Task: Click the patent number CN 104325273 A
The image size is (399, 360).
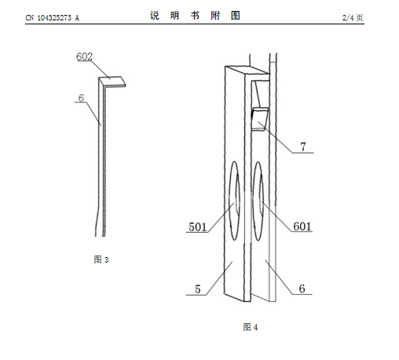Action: click(x=52, y=18)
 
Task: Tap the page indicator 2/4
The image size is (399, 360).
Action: click(x=348, y=17)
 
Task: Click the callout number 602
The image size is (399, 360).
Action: click(x=84, y=57)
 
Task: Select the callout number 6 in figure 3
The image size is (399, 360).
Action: click(x=81, y=98)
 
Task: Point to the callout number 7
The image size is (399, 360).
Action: click(x=303, y=147)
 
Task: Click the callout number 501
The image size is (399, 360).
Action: click(x=198, y=227)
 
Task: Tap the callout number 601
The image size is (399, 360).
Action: click(x=302, y=226)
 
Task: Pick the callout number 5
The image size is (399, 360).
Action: click(x=198, y=289)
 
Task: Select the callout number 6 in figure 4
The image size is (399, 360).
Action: click(x=302, y=288)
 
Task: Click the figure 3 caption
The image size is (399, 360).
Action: click(x=101, y=259)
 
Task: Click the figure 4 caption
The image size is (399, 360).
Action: click(x=251, y=327)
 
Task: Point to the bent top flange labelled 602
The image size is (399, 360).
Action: click(x=112, y=81)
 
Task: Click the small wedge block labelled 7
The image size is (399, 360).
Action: click(x=259, y=119)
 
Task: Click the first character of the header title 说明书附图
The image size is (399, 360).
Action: click(x=155, y=16)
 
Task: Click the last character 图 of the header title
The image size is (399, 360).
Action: click(x=236, y=16)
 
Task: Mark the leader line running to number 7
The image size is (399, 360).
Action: click(x=276, y=138)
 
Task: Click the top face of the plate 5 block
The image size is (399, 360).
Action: click(x=247, y=70)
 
